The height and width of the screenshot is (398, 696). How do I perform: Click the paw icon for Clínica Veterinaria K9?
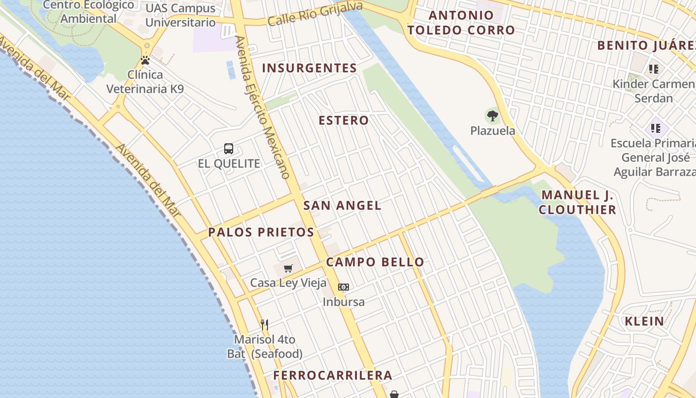145,61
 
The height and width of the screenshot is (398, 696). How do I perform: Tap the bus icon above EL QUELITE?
229,148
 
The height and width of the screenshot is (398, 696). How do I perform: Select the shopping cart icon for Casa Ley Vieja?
288,269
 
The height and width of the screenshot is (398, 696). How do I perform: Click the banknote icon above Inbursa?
344,287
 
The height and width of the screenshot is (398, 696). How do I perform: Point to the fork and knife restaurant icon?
264,325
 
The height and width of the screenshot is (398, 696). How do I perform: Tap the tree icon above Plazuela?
493,116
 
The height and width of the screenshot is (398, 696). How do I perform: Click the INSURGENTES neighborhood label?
309,68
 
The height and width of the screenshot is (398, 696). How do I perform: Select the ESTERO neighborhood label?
344,120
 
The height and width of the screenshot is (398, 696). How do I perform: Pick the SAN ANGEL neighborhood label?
342,205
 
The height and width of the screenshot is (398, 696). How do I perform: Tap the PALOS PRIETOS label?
261,232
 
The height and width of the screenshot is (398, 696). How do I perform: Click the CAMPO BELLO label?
375,262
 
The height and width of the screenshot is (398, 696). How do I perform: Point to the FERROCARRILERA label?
333,376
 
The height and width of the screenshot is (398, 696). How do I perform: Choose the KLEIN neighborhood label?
644,321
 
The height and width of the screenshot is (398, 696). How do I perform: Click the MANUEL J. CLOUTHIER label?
577,202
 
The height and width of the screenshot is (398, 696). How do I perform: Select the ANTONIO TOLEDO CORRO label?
461,23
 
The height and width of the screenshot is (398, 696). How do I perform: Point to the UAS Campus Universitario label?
180,15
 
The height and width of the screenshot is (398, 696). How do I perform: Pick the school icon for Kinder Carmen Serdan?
654,69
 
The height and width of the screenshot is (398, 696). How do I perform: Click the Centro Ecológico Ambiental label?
89,12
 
